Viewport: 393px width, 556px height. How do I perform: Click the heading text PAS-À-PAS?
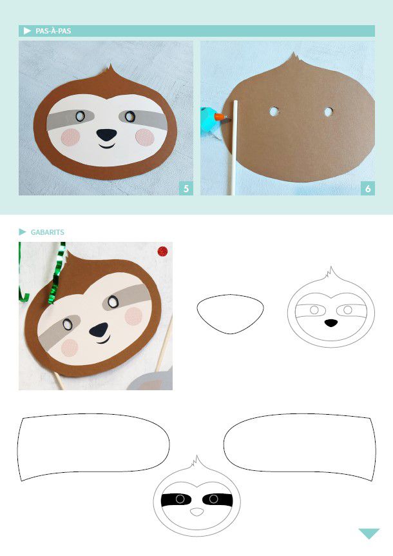(x=53, y=31)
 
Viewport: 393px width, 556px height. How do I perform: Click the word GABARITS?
(x=48, y=232)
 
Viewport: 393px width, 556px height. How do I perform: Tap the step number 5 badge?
(x=186, y=188)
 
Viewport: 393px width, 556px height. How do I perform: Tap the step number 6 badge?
(x=368, y=188)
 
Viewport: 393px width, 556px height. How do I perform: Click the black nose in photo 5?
(x=106, y=134)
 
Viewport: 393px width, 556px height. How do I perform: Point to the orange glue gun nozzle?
(x=220, y=116)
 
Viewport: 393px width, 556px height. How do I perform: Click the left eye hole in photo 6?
(x=274, y=112)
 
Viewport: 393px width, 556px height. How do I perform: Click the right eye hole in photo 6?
(x=329, y=112)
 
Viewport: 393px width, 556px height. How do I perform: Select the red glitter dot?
(x=162, y=252)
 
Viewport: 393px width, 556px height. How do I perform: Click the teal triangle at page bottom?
(x=369, y=533)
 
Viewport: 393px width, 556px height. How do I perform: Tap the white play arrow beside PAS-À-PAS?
(x=27, y=31)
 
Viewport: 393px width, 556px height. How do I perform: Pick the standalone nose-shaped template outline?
(x=230, y=314)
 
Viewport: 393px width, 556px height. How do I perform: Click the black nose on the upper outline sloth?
(x=331, y=323)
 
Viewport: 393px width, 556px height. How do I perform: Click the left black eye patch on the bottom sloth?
(x=176, y=499)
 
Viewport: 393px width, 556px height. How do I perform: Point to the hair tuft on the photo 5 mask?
(x=110, y=71)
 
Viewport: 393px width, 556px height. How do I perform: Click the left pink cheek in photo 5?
(x=70, y=137)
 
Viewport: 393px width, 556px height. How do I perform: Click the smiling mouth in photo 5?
(x=106, y=146)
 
